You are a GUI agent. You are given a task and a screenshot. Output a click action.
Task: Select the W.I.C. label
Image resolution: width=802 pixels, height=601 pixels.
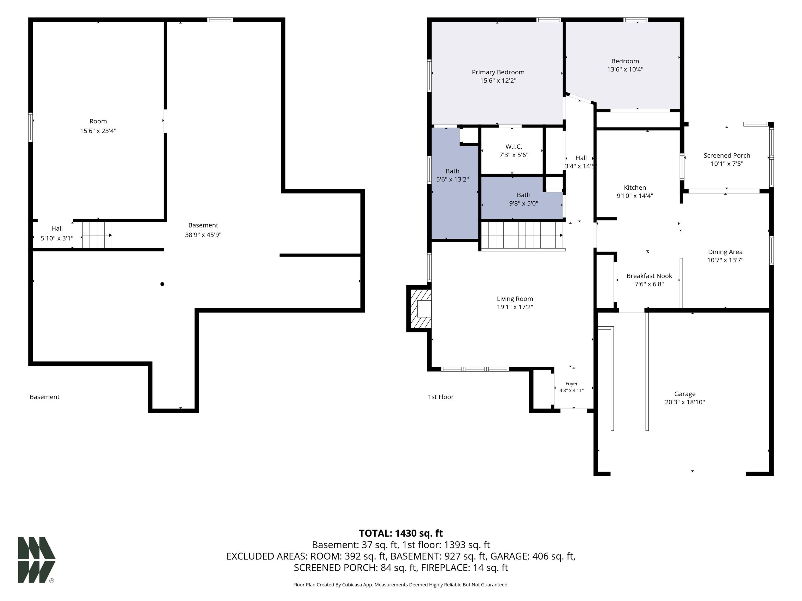pyautogui.click(x=514, y=147)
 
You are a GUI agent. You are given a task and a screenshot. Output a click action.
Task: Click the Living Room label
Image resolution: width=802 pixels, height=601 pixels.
pyautogui.click(x=515, y=299)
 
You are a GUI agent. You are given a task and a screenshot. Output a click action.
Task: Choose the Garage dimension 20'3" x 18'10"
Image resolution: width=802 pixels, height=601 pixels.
pyautogui.click(x=685, y=402)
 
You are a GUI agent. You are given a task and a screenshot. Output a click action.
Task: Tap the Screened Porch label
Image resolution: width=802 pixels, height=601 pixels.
pyautogui.click(x=727, y=155)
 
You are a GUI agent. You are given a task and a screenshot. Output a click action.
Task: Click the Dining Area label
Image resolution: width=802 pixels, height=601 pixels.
pyautogui.click(x=725, y=252)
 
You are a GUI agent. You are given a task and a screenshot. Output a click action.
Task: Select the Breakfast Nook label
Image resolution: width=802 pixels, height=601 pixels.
pyautogui.click(x=649, y=276)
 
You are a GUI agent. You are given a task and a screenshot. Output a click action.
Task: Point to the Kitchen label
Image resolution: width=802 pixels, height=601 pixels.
pyautogui.click(x=635, y=188)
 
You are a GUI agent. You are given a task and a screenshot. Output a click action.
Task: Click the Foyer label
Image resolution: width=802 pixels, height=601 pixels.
pyautogui.click(x=572, y=384)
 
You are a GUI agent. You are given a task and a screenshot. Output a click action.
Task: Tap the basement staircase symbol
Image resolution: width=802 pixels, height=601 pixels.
pyautogui.click(x=97, y=235)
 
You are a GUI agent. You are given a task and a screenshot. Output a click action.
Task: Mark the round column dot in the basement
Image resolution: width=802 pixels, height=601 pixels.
pyautogui.click(x=162, y=284)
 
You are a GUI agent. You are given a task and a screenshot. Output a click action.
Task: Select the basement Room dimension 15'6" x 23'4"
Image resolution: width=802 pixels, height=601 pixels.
pyautogui.click(x=98, y=131)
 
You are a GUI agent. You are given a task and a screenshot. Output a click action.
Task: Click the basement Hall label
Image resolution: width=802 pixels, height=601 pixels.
pyautogui.click(x=57, y=229)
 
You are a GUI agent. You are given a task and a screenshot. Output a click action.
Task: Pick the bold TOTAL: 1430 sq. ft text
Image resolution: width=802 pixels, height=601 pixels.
pyautogui.click(x=401, y=533)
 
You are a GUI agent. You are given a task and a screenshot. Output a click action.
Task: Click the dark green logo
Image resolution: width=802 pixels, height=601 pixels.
pyautogui.click(x=37, y=560)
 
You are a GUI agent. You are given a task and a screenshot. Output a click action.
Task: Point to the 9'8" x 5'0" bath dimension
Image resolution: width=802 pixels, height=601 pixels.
pyautogui.click(x=523, y=203)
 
